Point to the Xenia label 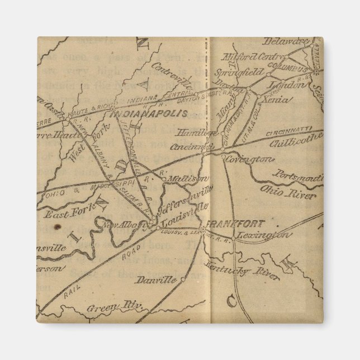coord(277,100)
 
